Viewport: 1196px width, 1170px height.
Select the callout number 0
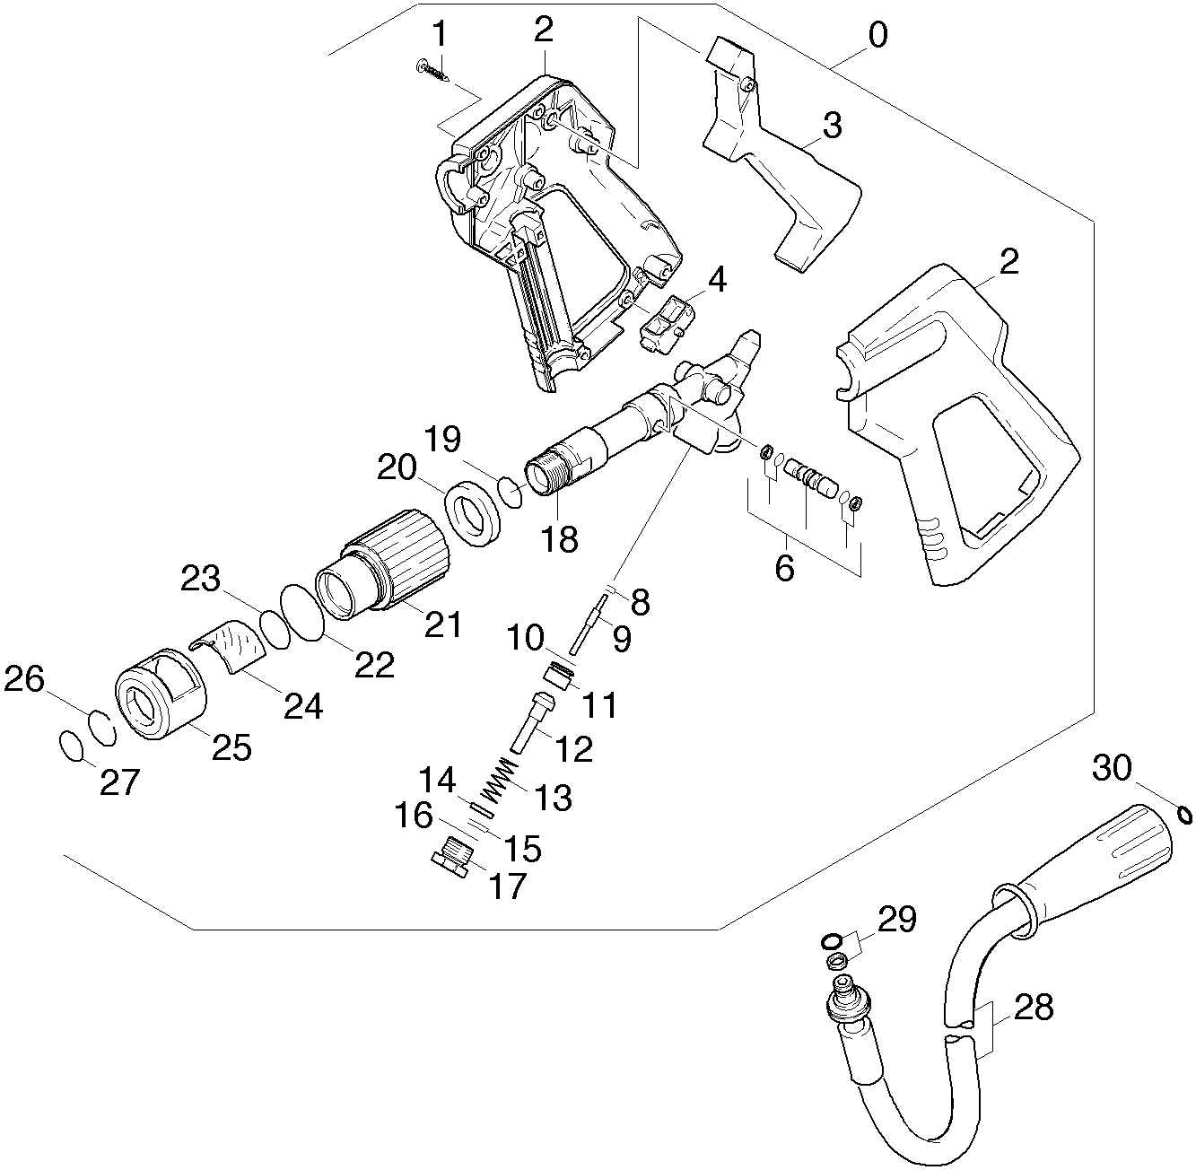tap(877, 36)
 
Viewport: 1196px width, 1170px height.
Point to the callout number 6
tap(784, 568)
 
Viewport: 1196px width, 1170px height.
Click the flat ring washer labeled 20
tap(473, 512)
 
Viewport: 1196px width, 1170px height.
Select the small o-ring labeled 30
tap(1184, 815)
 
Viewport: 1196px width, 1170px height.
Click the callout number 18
tap(560, 539)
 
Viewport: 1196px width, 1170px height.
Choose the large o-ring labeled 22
tap(301, 612)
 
